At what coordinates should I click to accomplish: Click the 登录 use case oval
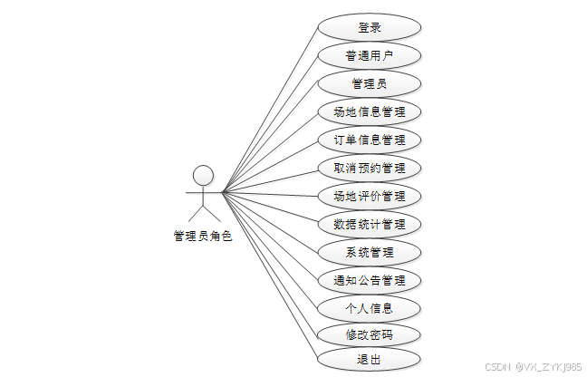click(370, 28)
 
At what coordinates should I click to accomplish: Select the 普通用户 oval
click(370, 56)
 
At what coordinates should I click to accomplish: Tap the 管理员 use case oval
click(370, 84)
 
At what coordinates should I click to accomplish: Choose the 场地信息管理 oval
click(370, 112)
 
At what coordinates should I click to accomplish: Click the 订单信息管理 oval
click(370, 140)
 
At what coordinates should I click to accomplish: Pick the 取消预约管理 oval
click(370, 168)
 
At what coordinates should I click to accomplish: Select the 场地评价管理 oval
click(370, 196)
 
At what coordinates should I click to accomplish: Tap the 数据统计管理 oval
click(370, 224)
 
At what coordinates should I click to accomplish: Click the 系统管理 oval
click(370, 252)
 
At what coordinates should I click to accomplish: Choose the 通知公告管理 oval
click(370, 280)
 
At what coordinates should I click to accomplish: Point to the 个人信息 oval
click(370, 308)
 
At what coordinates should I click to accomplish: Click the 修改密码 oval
click(370, 335)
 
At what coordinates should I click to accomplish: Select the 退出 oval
click(370, 361)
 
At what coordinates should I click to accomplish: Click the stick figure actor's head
click(204, 174)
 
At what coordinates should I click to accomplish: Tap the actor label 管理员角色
click(203, 237)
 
